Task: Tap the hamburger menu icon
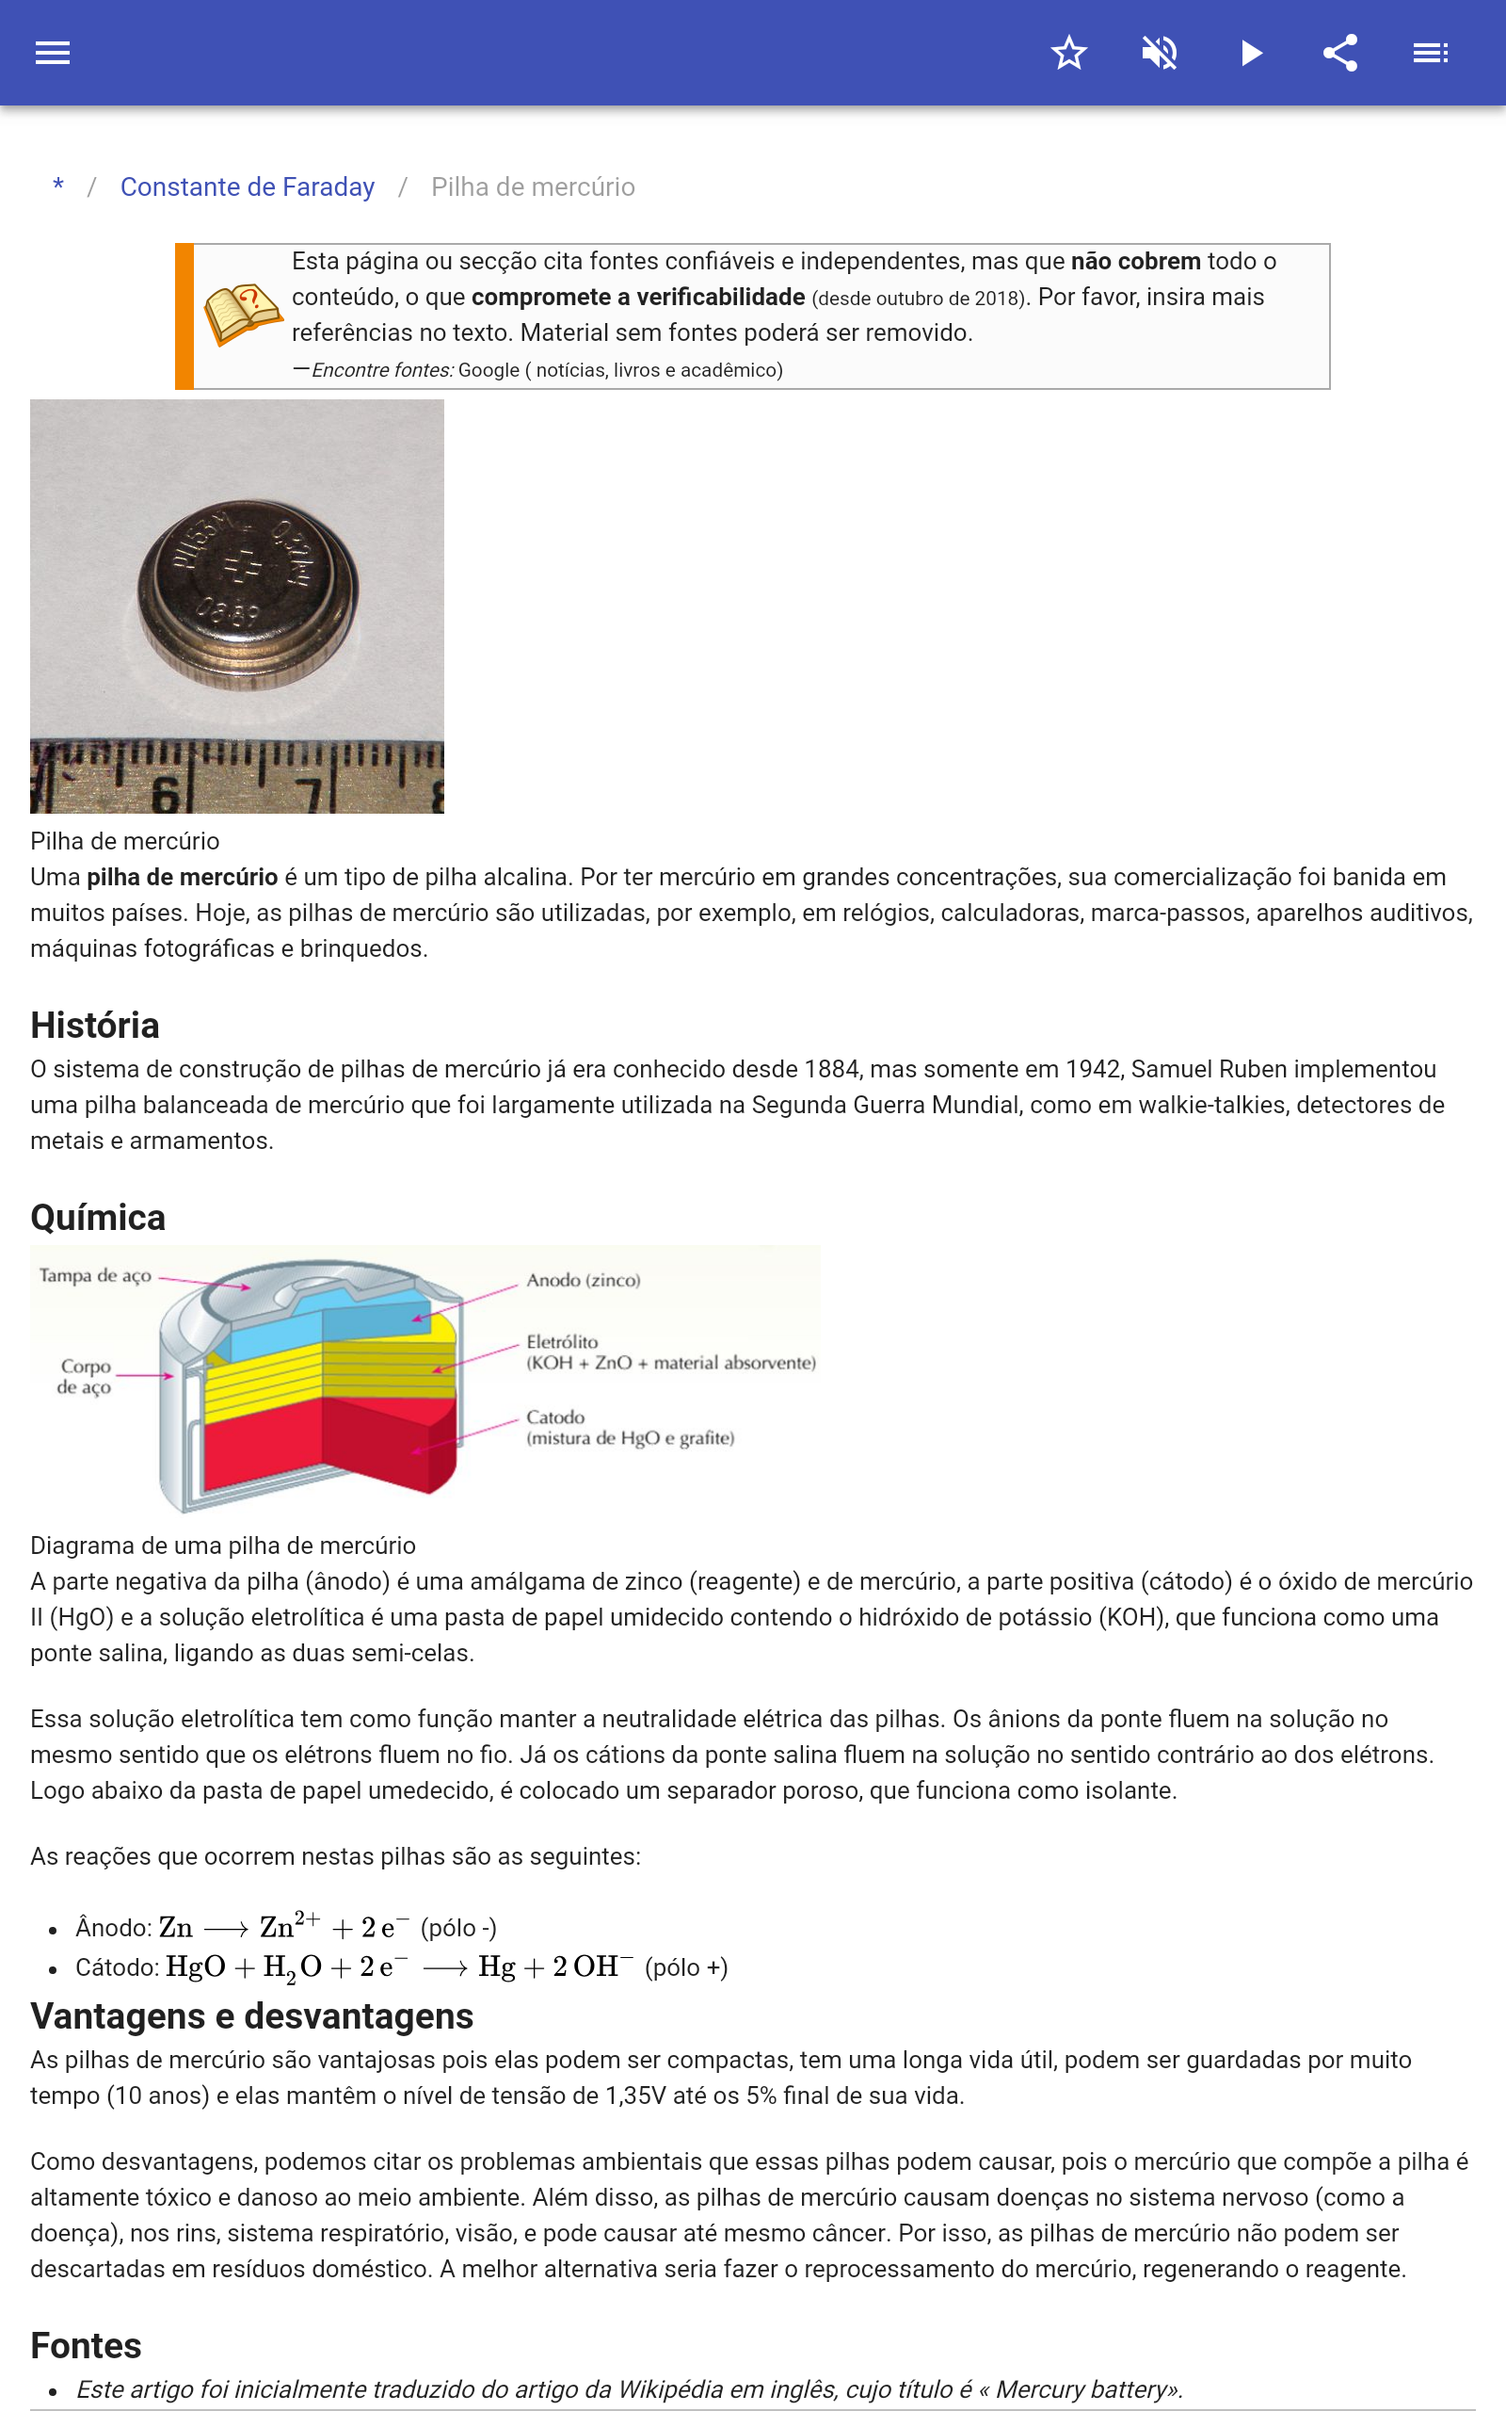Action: click(53, 53)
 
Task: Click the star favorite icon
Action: click(1068, 53)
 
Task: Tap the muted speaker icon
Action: click(1160, 53)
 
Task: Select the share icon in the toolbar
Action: click(1340, 53)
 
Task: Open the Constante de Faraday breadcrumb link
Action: click(247, 187)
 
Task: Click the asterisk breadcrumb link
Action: click(58, 186)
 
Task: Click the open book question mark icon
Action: click(242, 314)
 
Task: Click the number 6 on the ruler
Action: click(166, 795)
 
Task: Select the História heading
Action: click(95, 1026)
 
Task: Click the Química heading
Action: click(98, 1218)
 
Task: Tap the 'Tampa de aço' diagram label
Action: click(96, 1275)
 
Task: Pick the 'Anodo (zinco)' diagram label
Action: click(583, 1280)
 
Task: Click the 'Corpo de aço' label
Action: click(85, 1376)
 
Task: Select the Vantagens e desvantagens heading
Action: click(252, 2016)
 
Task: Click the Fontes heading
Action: click(86, 2345)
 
